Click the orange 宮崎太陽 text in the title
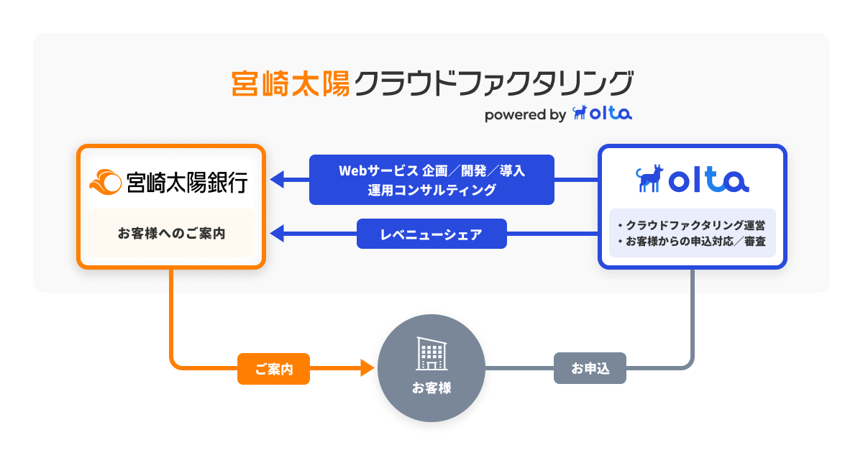(x=291, y=83)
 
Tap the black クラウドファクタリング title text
(x=495, y=83)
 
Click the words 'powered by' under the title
(x=525, y=114)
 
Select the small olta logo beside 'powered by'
(x=602, y=114)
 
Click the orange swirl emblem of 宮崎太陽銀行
(x=105, y=182)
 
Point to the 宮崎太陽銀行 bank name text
(x=186, y=182)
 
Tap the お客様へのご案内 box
(x=171, y=233)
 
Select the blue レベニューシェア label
(x=431, y=234)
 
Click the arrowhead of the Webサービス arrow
(x=277, y=180)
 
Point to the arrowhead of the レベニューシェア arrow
(x=277, y=234)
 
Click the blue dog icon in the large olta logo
(x=650, y=179)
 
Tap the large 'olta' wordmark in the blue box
(x=708, y=180)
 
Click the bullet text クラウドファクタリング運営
(x=694, y=224)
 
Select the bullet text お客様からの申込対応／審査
(x=694, y=241)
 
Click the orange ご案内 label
(x=273, y=369)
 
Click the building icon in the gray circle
(x=431, y=354)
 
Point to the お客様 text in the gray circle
(x=431, y=388)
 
